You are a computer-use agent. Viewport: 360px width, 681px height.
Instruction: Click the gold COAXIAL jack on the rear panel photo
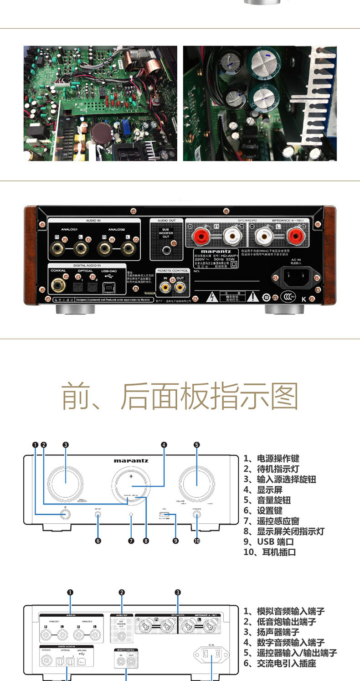[x=58, y=285]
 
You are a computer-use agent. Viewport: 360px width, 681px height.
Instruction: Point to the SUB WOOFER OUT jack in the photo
[x=167, y=249]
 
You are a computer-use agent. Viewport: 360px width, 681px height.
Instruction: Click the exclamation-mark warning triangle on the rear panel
[x=252, y=297]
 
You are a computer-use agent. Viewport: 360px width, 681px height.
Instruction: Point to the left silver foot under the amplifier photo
[x=75, y=309]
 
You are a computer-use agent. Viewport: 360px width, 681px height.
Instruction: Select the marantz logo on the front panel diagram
[x=131, y=461]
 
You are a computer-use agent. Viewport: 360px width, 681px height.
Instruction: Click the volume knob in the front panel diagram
[x=197, y=482]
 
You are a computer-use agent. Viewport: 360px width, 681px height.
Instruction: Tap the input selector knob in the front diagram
[x=66, y=482]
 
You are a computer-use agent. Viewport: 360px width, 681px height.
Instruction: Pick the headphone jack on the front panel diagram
[x=197, y=515]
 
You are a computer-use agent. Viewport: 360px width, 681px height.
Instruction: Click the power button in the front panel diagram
[x=66, y=515]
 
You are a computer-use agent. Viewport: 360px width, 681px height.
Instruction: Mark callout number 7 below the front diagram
[x=131, y=541]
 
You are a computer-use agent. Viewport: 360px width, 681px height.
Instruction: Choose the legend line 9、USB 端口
[x=268, y=542]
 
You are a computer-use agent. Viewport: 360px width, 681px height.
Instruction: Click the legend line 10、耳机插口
[x=270, y=552]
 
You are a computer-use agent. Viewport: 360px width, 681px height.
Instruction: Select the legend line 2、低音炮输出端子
[x=286, y=622]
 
